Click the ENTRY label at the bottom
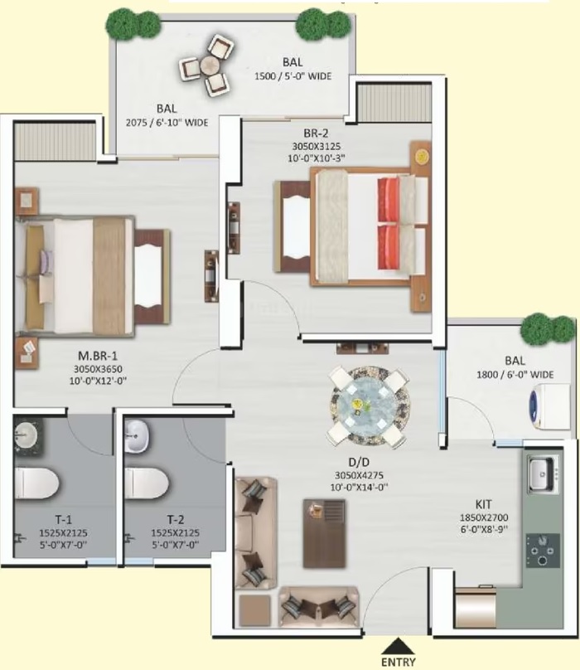pyautogui.click(x=398, y=663)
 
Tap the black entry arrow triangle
pyautogui.click(x=398, y=646)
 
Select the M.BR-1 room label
pyautogui.click(x=98, y=356)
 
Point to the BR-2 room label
pyautogui.click(x=316, y=133)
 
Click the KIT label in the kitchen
pyautogui.click(x=484, y=504)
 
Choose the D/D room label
pyautogui.click(x=359, y=462)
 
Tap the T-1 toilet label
pyautogui.click(x=63, y=520)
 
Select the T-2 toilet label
pyautogui.click(x=175, y=520)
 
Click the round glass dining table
pyautogui.click(x=370, y=404)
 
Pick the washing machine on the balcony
pyautogui.click(x=549, y=406)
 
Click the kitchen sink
pyautogui.click(x=543, y=473)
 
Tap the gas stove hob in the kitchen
pyautogui.click(x=543, y=551)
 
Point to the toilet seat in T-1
pyautogui.click(x=36, y=483)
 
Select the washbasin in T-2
pyautogui.click(x=137, y=436)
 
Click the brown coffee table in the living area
pyautogui.click(x=324, y=533)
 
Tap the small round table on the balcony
pyautogui.click(x=210, y=66)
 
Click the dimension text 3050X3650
pyautogui.click(x=98, y=369)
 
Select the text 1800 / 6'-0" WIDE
pyautogui.click(x=515, y=375)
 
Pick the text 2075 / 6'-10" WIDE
pyautogui.click(x=167, y=123)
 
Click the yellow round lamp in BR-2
pyautogui.click(x=422, y=156)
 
